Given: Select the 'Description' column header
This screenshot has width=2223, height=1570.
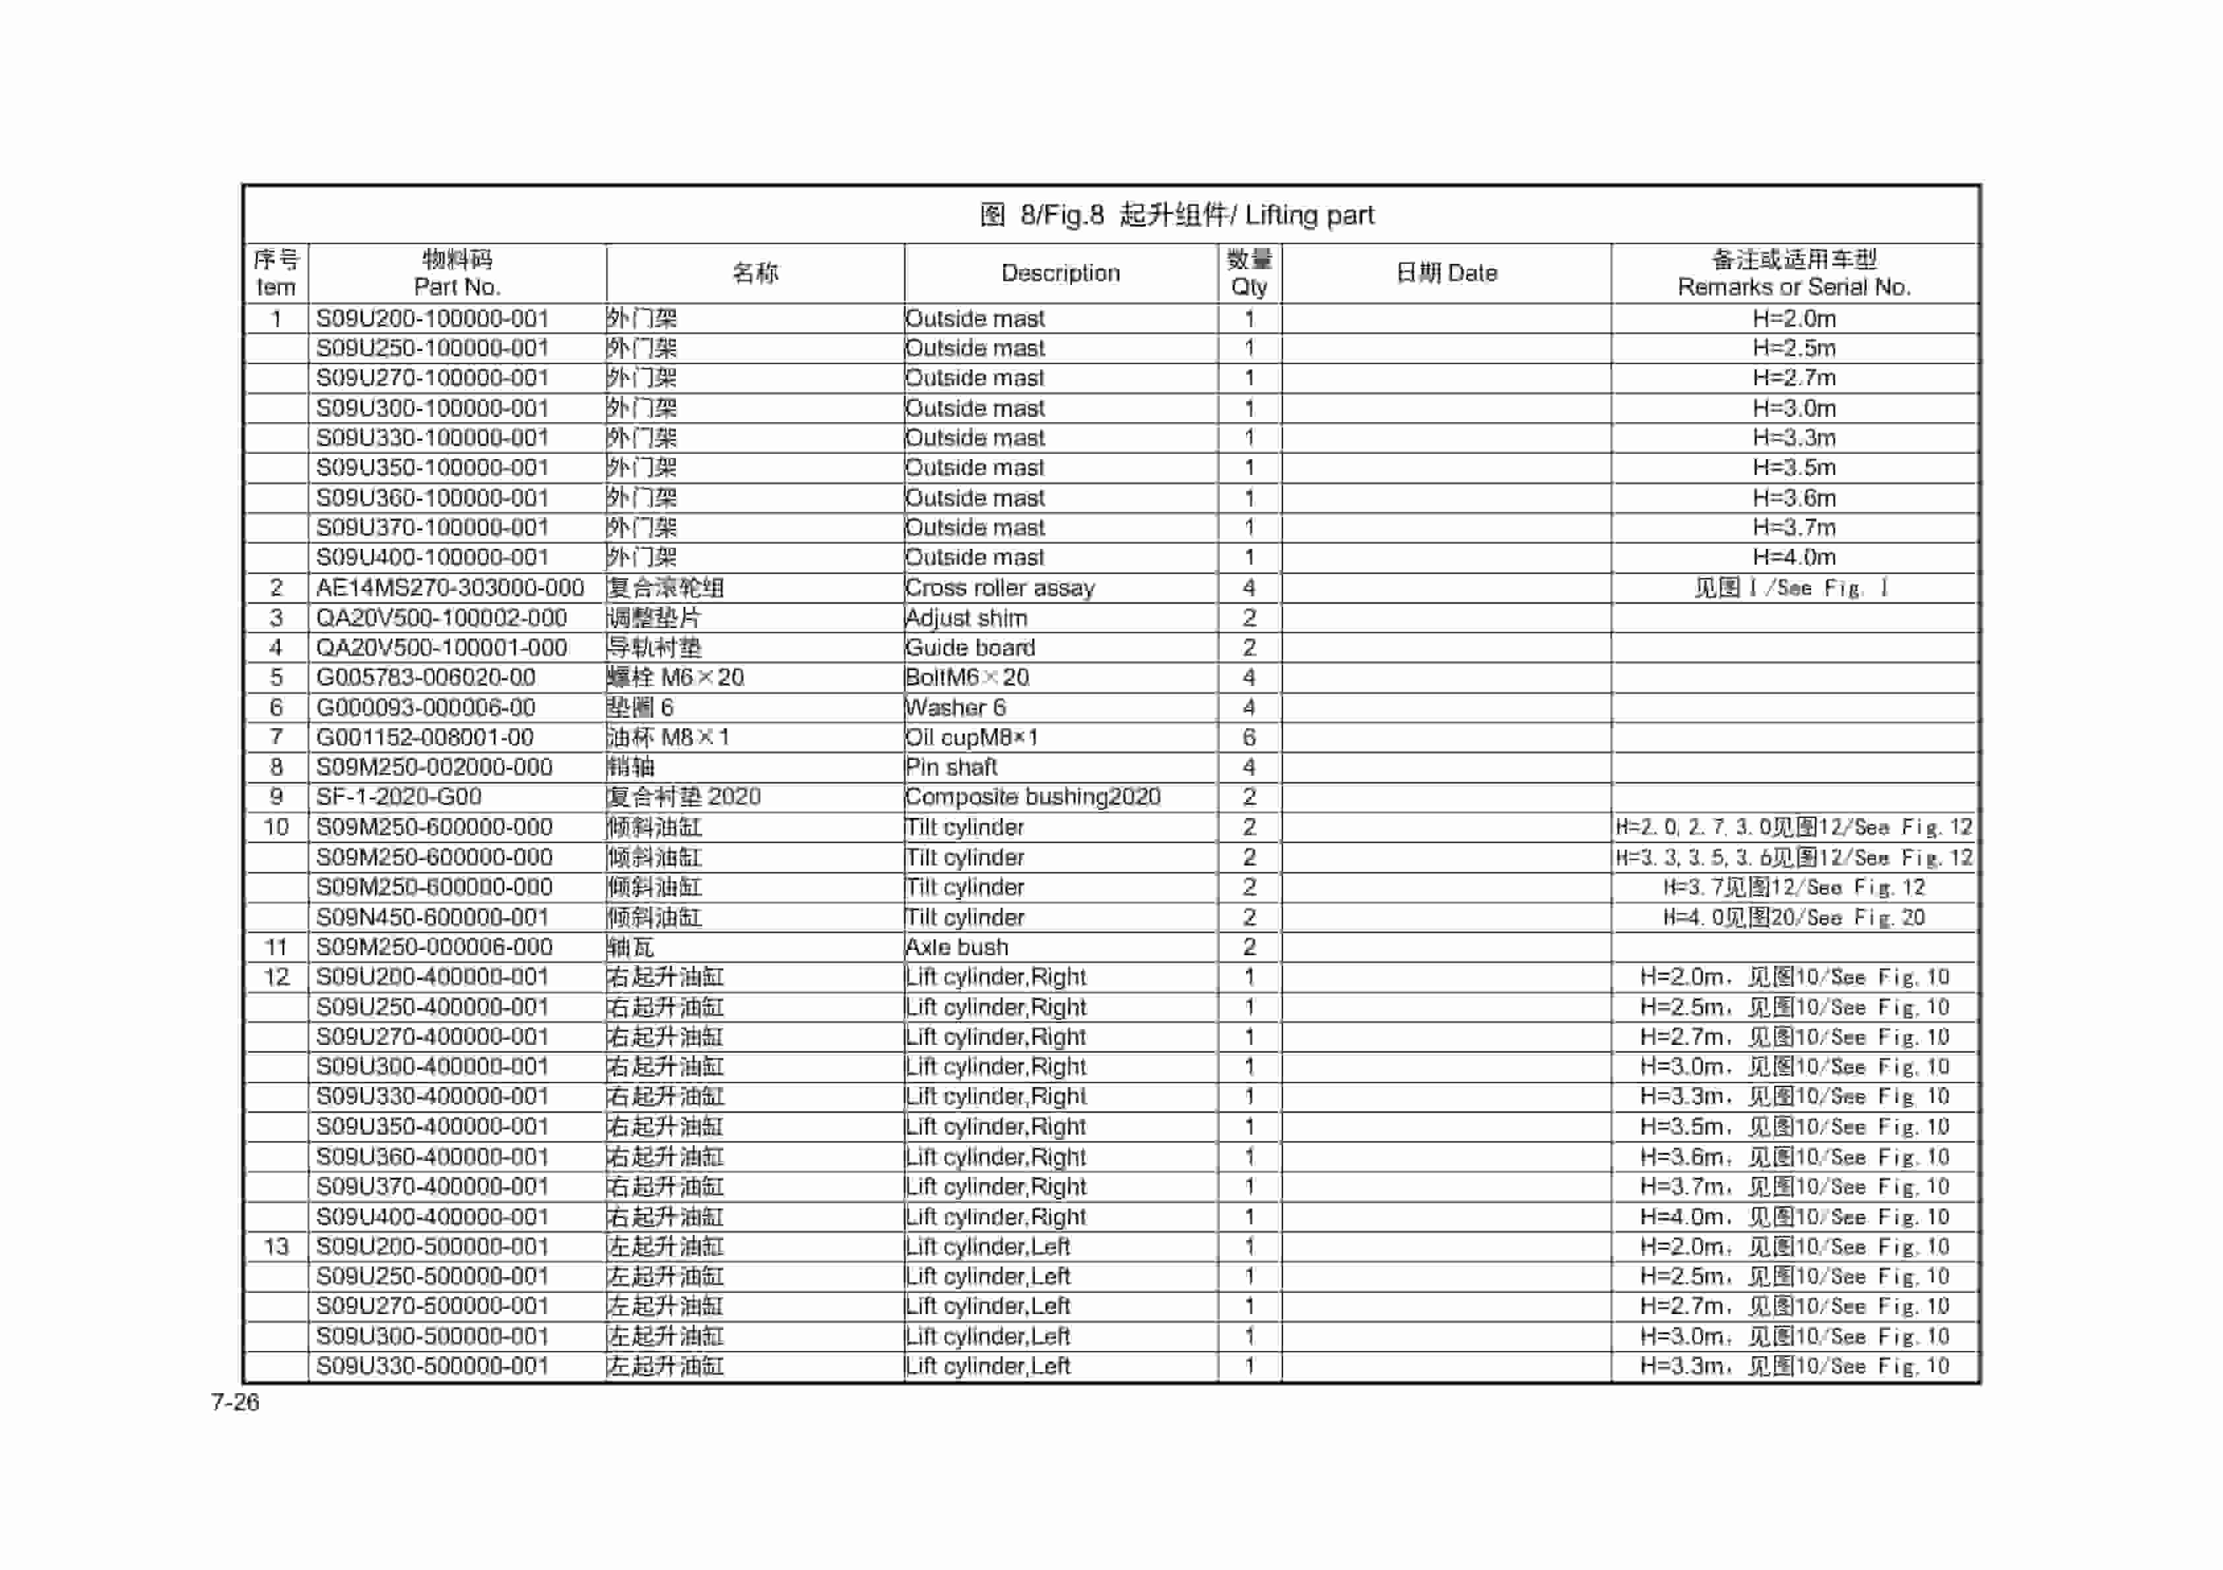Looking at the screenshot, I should coord(1060,273).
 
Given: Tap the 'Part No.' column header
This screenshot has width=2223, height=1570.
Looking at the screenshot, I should coord(456,286).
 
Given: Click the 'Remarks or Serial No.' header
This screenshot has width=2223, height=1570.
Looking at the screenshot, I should coord(1793,286).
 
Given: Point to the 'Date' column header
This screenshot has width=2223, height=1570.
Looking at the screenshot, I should coord(1447,273).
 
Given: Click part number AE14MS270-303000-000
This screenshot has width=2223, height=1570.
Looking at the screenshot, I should coord(450,588).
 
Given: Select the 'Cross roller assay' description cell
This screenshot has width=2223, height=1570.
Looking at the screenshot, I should coord(999,588).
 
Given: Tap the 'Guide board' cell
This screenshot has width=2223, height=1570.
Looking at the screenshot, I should coord(970,648).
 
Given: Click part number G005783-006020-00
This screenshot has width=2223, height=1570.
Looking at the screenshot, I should coord(426,677).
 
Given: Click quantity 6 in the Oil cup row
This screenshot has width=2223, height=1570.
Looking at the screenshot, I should coord(1249,738).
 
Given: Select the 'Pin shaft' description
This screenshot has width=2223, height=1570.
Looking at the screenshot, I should coord(950,768).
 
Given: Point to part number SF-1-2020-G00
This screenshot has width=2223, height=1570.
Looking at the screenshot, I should coord(399,797).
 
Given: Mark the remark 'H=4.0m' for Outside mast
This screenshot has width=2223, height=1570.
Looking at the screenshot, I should coord(1793,557).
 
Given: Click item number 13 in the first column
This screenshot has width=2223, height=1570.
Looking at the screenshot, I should coord(276,1247).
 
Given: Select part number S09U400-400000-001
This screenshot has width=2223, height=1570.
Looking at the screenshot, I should coord(432,1216).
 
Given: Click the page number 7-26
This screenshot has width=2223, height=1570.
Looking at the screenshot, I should coord(235,1402).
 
